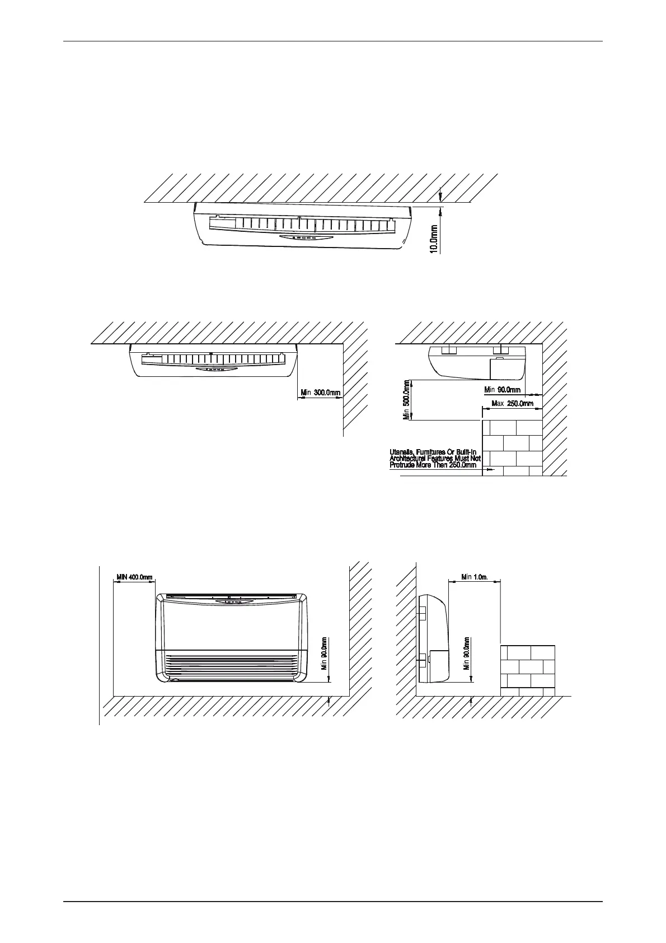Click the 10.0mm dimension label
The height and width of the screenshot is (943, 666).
(x=434, y=239)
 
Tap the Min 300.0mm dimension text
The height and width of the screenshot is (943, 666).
(x=321, y=393)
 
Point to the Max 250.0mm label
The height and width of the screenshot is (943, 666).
(x=512, y=404)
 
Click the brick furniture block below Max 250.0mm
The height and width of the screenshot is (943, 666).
(x=512, y=447)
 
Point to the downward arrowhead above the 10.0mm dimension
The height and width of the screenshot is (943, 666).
(x=441, y=197)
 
